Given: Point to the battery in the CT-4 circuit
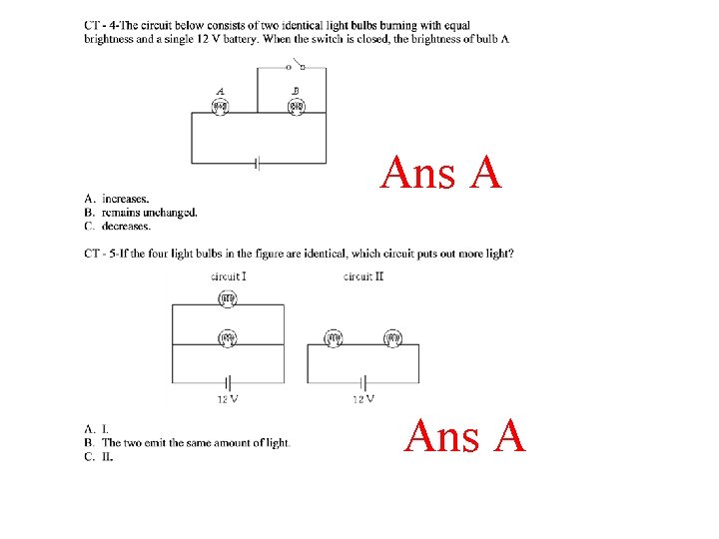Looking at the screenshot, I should [x=258, y=163].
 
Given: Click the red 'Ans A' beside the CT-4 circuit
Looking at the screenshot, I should [x=440, y=174].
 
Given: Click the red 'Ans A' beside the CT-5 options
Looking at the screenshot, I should [x=465, y=436].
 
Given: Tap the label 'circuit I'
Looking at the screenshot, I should [x=229, y=275].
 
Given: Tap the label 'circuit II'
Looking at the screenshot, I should [x=363, y=275].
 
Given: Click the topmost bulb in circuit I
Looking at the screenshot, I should [x=228, y=297].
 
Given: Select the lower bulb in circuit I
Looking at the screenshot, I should [x=228, y=338].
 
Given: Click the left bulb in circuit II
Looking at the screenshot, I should [x=333, y=339].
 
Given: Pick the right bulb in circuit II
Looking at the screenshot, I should [x=392, y=339].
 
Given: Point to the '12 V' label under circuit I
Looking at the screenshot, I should [x=228, y=399].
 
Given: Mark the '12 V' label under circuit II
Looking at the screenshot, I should [x=363, y=399].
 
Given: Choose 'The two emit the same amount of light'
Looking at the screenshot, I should [x=196, y=442].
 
